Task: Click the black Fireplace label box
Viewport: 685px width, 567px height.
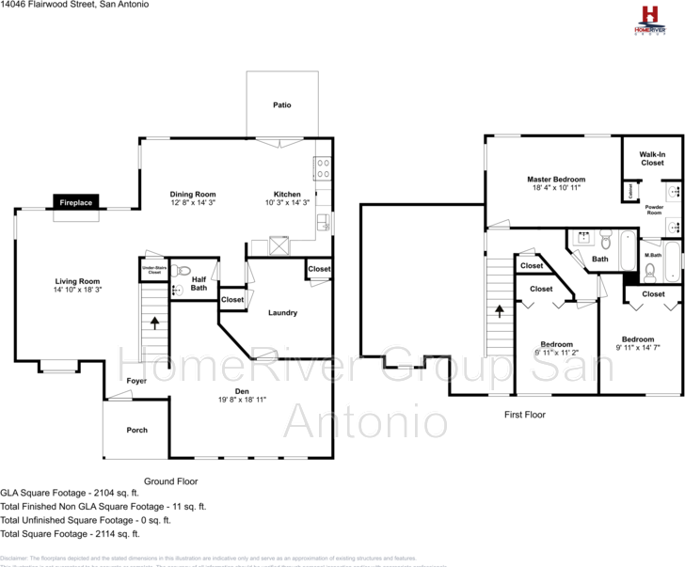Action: [76, 202]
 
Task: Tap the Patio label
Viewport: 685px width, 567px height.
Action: [281, 104]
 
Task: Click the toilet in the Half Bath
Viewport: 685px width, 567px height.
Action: [183, 270]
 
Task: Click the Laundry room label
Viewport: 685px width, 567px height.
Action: [282, 313]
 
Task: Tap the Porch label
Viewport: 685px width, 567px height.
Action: [137, 430]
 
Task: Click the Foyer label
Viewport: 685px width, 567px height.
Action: [136, 381]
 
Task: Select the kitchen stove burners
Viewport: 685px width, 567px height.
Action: [322, 168]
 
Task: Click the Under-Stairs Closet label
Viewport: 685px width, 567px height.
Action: [154, 270]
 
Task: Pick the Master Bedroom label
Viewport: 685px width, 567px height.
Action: [555, 179]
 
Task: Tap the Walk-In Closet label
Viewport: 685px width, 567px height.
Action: [652, 158]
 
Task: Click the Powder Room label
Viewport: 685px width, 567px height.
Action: [654, 211]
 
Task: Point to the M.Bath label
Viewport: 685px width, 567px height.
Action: [652, 255]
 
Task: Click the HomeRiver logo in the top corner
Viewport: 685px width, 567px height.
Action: [648, 20]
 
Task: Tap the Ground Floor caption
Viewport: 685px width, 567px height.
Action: [170, 480]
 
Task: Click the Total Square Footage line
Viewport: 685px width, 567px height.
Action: [71, 533]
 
